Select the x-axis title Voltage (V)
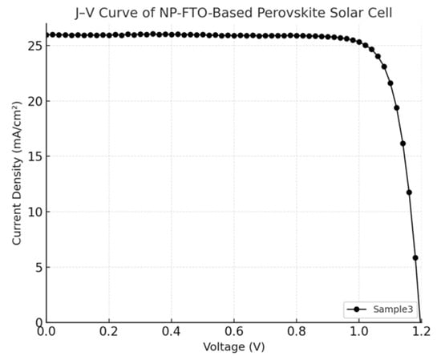[x=233, y=348]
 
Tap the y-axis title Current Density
[x=17, y=174]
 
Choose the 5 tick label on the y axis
[x=37, y=267]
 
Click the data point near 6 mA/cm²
[x=415, y=257]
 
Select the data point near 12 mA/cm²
[x=409, y=192]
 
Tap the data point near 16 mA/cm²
[x=403, y=144]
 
